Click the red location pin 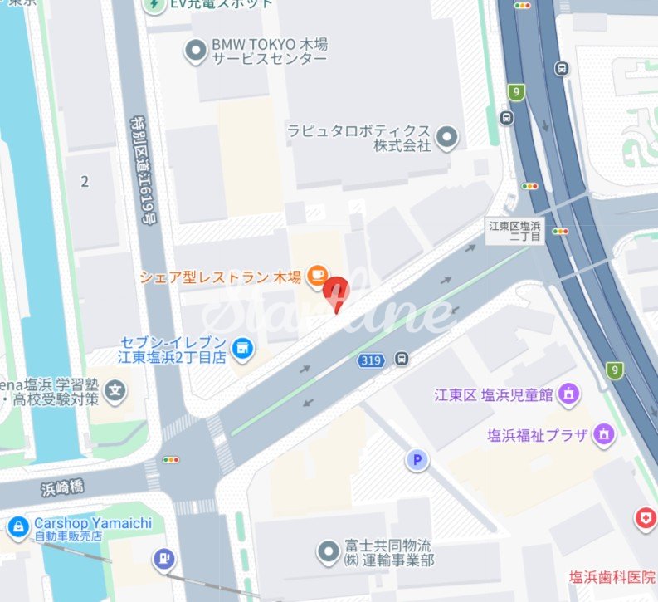click(x=335, y=293)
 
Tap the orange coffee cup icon click(x=316, y=275)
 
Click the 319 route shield click(x=370, y=360)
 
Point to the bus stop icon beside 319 click(x=401, y=360)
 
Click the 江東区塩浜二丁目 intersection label click(x=514, y=232)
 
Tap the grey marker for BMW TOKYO click(x=196, y=51)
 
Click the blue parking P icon click(x=417, y=459)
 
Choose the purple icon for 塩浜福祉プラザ click(x=604, y=433)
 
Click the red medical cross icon click(x=644, y=519)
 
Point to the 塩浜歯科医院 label click(x=612, y=577)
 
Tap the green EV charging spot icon click(x=154, y=5)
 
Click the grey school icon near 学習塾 click(x=117, y=389)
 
